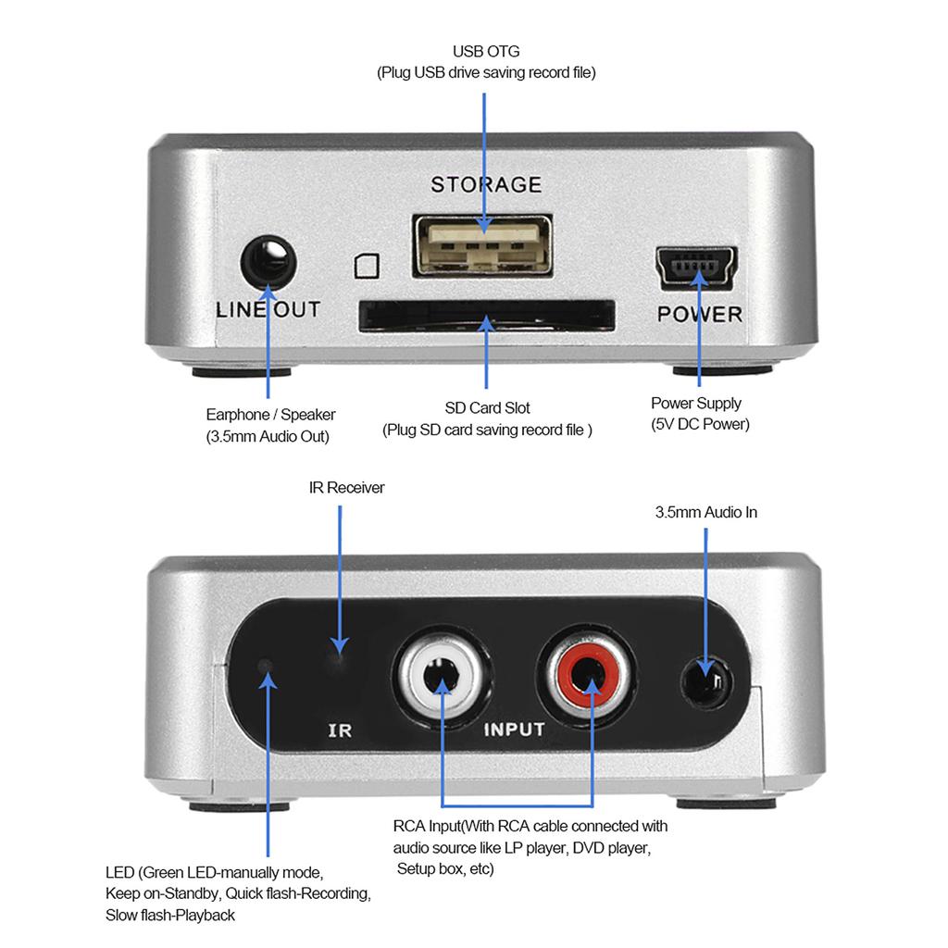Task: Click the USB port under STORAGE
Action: click(x=481, y=245)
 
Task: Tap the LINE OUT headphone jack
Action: click(x=268, y=263)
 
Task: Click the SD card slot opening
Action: click(x=487, y=317)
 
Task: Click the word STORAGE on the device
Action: click(x=486, y=184)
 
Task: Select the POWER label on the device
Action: click(x=700, y=315)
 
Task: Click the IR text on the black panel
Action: click(x=340, y=730)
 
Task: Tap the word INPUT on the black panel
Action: click(x=515, y=730)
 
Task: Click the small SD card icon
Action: click(x=367, y=266)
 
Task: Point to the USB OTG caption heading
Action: click(x=486, y=52)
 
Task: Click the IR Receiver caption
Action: click(x=346, y=487)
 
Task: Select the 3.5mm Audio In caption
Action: click(x=705, y=512)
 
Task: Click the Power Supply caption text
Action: click(x=696, y=404)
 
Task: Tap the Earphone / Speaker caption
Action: click(x=270, y=415)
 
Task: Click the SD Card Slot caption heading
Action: click(x=487, y=408)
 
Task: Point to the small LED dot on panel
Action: click(x=266, y=666)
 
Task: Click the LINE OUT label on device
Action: click(x=268, y=310)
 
